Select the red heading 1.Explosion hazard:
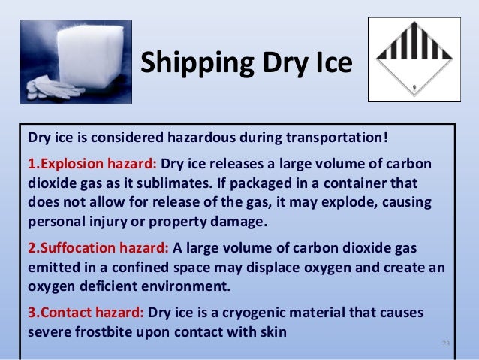[92, 164]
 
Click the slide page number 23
[444, 344]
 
